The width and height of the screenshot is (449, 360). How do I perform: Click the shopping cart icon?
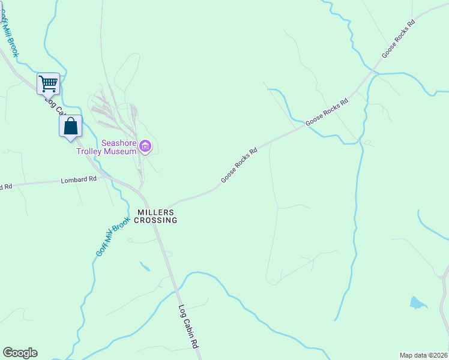click(x=48, y=83)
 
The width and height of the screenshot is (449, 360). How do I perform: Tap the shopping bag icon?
click(x=71, y=127)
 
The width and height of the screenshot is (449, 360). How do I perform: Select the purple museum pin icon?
click(x=145, y=146)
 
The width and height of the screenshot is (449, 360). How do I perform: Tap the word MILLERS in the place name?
click(x=155, y=212)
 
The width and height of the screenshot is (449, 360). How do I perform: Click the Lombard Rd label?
click(x=79, y=180)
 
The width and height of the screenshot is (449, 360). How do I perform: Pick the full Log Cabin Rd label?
click(x=188, y=328)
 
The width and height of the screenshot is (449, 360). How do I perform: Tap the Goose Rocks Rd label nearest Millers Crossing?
click(x=239, y=164)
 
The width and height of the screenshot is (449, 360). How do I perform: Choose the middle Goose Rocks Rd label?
click(x=327, y=112)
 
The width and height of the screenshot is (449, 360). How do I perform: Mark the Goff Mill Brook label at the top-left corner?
click(x=10, y=37)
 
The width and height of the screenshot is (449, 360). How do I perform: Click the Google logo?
click(x=20, y=353)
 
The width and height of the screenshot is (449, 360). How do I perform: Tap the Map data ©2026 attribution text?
click(x=423, y=355)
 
